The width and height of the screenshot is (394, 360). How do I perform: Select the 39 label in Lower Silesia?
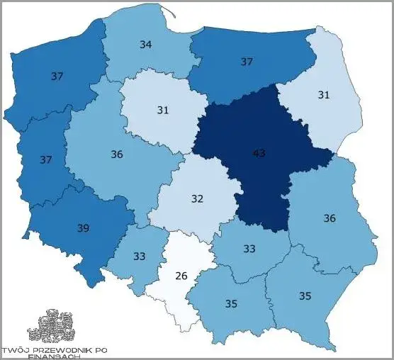(83, 229)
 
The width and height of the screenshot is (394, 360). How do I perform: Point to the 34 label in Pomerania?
(145, 45)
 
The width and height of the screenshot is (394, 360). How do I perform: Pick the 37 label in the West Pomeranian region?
(57, 76)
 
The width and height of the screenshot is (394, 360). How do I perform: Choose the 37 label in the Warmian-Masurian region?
(246, 62)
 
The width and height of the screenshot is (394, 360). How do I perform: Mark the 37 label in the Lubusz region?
(46, 160)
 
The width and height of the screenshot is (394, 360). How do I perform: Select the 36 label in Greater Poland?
(117, 154)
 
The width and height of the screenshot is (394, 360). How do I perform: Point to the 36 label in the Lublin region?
(329, 218)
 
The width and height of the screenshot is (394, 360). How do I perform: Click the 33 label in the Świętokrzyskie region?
(249, 249)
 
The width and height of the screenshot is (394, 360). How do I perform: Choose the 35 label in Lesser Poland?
(231, 303)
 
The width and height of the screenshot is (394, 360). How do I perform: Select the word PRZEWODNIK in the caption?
(62, 350)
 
